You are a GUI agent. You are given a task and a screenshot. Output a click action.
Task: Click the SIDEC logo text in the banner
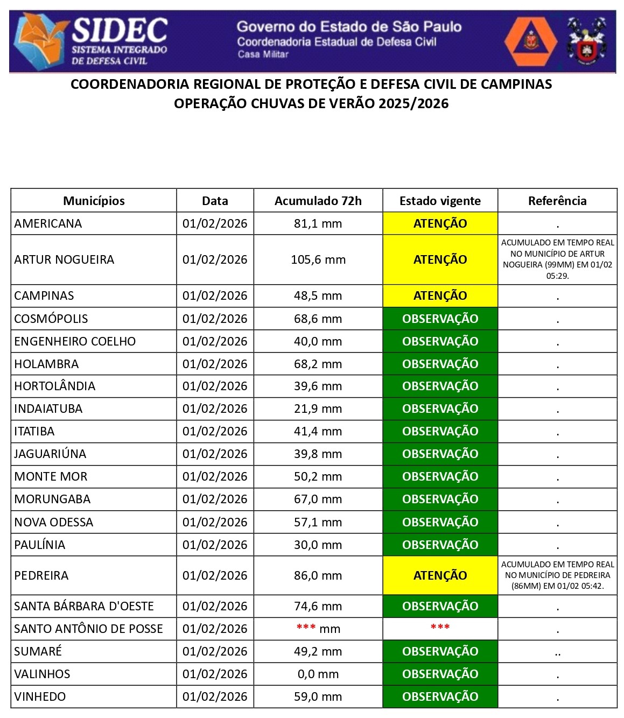point(120,31)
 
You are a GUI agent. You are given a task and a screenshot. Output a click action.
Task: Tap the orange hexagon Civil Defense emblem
point(530,41)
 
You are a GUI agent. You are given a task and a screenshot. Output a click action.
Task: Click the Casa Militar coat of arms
point(586,41)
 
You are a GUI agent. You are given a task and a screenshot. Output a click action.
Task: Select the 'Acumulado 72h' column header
point(318,201)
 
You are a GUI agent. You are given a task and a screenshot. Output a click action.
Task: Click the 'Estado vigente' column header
point(440,201)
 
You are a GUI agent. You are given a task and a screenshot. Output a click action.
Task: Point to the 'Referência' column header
point(557,201)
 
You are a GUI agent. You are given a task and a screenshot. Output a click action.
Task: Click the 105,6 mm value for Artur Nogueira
point(318,259)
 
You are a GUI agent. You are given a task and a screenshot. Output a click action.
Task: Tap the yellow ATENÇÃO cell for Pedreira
point(440,575)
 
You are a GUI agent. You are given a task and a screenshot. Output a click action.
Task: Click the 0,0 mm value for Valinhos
point(318,674)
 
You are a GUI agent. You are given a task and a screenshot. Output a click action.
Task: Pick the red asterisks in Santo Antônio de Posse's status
point(440,628)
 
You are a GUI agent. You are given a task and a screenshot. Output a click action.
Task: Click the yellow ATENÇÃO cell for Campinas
point(440,295)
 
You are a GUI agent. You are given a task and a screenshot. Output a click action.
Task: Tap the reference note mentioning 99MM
point(557,259)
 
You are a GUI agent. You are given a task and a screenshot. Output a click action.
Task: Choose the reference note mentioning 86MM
point(557,575)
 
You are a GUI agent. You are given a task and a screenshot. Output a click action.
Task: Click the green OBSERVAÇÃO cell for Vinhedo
point(440,696)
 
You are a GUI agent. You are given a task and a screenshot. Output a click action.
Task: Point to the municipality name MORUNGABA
point(52,499)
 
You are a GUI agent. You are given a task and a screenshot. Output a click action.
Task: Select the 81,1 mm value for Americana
point(318,223)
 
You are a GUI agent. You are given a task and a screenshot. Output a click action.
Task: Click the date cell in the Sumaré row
point(215,651)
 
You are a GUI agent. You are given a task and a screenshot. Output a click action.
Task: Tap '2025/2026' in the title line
point(413,103)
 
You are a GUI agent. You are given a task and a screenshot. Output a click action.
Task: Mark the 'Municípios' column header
point(94,201)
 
